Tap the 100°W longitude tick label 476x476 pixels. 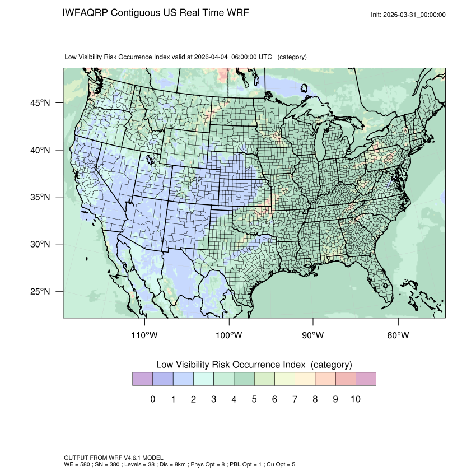[x=229, y=335]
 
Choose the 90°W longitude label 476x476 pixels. [x=313, y=335]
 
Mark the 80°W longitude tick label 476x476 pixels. [x=398, y=335]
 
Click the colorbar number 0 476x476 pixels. [x=152, y=399]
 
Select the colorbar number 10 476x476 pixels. [x=355, y=399]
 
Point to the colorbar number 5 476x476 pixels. [x=254, y=399]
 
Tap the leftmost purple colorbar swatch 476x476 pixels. [x=142, y=379]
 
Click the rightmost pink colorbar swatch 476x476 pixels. [x=366, y=379]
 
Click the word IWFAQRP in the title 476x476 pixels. [x=86, y=13]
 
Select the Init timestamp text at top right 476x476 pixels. [x=408, y=15]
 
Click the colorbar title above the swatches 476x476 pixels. [x=254, y=365]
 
